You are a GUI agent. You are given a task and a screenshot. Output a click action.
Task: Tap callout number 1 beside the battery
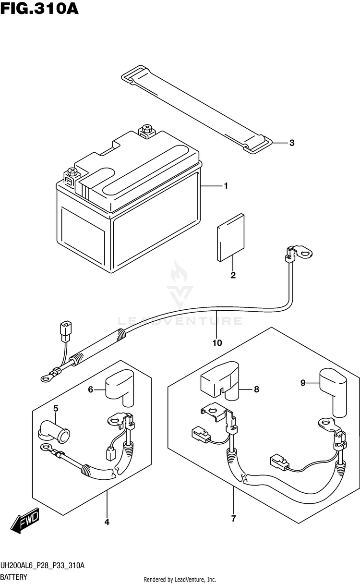(x=225, y=186)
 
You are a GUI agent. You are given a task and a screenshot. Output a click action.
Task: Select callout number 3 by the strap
(x=291, y=143)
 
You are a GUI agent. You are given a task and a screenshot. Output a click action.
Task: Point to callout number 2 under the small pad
(x=233, y=275)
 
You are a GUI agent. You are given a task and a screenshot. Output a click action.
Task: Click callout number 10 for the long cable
(x=216, y=343)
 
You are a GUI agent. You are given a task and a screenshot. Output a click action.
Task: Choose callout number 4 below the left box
(x=107, y=522)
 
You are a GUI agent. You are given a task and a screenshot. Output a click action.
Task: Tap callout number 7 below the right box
(x=233, y=519)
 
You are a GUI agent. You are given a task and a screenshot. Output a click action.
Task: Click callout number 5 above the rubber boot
(x=56, y=409)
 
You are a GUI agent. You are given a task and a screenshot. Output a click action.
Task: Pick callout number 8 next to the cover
(x=256, y=389)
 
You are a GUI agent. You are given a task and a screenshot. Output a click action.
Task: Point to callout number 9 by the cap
(x=303, y=383)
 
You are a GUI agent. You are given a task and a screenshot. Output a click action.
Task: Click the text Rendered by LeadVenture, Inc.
(x=180, y=579)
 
